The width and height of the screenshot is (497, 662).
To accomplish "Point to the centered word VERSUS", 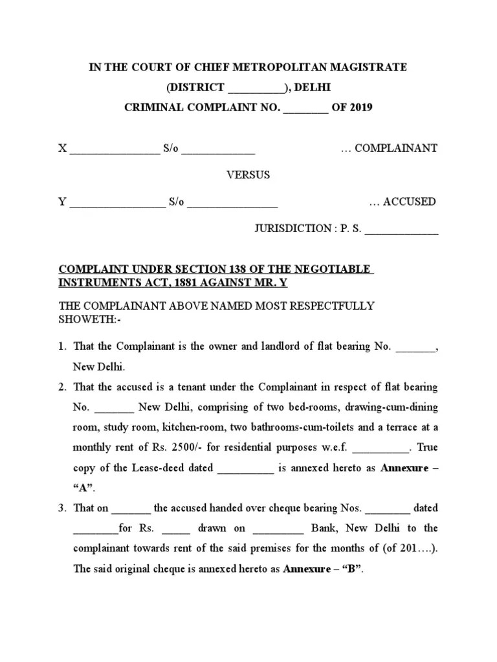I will (x=248, y=175).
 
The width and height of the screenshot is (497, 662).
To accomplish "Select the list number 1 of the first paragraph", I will (x=61, y=347).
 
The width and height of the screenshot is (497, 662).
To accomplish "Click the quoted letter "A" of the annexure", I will (x=83, y=487).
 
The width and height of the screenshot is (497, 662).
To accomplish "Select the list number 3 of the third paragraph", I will (x=61, y=507).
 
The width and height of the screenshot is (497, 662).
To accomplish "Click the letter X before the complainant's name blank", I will (x=62, y=148).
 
